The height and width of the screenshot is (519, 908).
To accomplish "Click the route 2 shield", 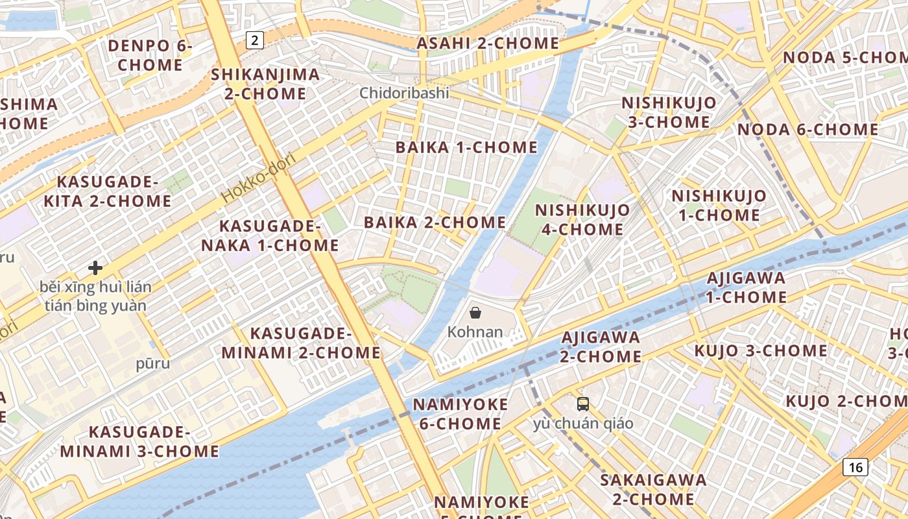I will [255, 40].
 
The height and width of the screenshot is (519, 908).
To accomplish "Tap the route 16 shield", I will [855, 466].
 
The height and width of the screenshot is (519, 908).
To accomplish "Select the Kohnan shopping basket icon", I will [475, 313].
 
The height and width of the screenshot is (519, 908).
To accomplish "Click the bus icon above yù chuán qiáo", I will [582, 404].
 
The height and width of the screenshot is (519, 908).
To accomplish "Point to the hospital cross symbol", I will [95, 267].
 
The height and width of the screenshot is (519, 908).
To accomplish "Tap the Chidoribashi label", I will [404, 93].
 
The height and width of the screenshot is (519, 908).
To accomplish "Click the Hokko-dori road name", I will [258, 177].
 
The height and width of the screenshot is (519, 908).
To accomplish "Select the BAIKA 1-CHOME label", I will [466, 147].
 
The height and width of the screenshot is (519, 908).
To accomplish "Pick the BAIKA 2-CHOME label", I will [435, 223].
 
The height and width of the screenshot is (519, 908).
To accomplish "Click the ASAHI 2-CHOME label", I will [487, 43].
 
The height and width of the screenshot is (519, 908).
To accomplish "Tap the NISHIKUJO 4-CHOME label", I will [582, 220].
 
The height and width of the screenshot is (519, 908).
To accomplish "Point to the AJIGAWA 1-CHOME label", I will [746, 287].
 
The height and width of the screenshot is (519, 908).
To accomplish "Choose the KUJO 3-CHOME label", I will [761, 351].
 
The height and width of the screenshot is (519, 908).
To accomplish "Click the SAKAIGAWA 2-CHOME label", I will [653, 490].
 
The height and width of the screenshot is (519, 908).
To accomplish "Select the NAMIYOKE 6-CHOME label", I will [460, 414].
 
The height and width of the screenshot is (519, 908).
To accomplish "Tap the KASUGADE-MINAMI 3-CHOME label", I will [139, 442].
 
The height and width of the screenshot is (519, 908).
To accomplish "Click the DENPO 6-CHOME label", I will [150, 56].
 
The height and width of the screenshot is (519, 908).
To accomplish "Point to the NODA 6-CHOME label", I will [807, 130].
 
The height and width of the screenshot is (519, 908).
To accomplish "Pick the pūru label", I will [153, 363].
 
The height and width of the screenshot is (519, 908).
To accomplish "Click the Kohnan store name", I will [475, 332].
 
